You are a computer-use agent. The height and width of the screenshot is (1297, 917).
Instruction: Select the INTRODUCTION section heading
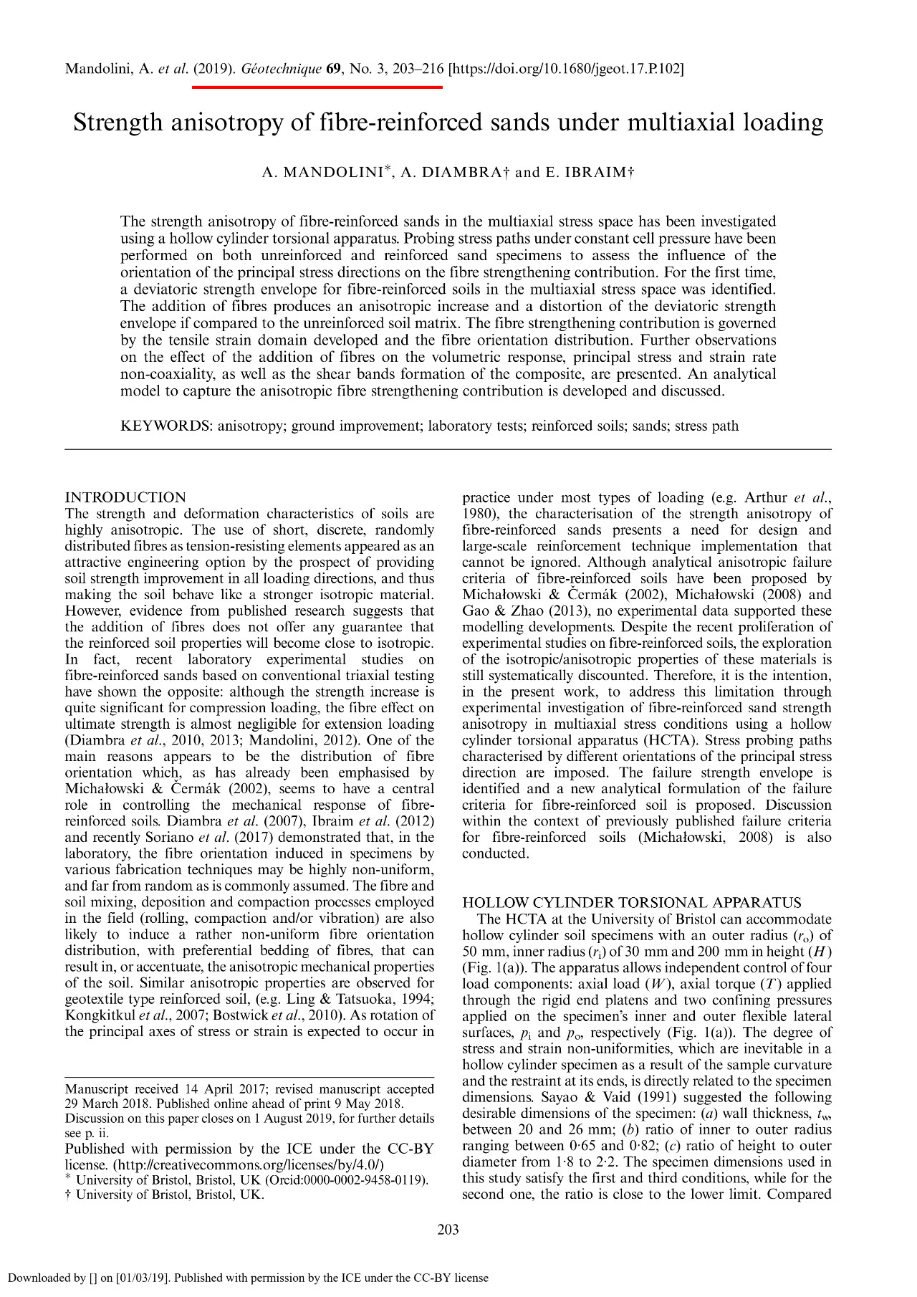pos(125,498)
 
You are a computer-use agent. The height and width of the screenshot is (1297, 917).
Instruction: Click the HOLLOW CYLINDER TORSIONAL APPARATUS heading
pos(632,903)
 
